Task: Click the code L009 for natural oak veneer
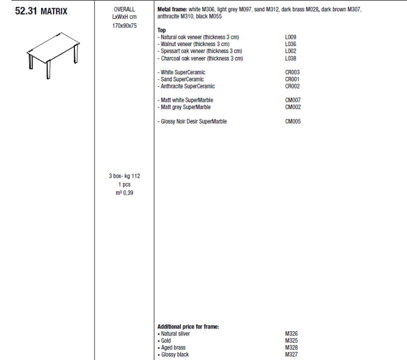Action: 290,37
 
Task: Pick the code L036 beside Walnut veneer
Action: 290,43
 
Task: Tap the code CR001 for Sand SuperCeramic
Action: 292,79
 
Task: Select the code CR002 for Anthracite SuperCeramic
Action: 292,86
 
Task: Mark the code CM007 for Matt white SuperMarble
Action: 293,100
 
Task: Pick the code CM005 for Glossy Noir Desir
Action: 293,121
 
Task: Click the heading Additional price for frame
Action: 188,326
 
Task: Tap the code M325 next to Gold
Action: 291,340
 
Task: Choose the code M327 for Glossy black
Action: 291,355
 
